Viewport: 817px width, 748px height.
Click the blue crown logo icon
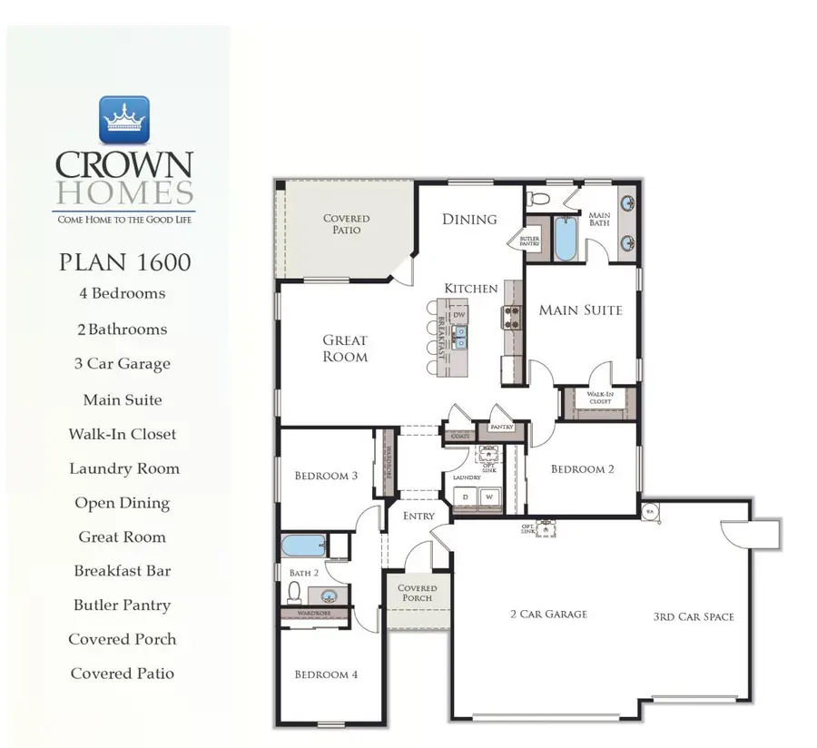click(123, 120)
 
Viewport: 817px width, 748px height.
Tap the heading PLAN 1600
click(124, 262)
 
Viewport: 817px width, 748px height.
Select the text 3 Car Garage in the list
click(123, 364)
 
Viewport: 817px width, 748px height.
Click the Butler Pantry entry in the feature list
click(123, 605)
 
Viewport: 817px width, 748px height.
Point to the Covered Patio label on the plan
click(347, 224)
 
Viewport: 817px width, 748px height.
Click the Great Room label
click(345, 349)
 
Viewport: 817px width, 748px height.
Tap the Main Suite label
click(580, 310)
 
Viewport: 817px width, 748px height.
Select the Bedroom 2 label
click(582, 469)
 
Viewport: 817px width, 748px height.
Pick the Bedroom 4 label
click(327, 674)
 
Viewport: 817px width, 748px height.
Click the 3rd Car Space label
click(693, 617)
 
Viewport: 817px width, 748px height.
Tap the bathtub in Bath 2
click(303, 546)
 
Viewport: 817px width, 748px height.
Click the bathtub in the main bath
click(566, 238)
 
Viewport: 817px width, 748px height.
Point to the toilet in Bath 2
click(295, 593)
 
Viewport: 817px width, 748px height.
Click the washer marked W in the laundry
click(488, 497)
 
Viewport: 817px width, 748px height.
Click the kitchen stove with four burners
click(513, 317)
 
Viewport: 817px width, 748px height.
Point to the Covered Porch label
click(418, 593)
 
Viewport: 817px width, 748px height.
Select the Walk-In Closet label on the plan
click(600, 398)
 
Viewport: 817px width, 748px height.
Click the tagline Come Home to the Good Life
click(124, 220)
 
